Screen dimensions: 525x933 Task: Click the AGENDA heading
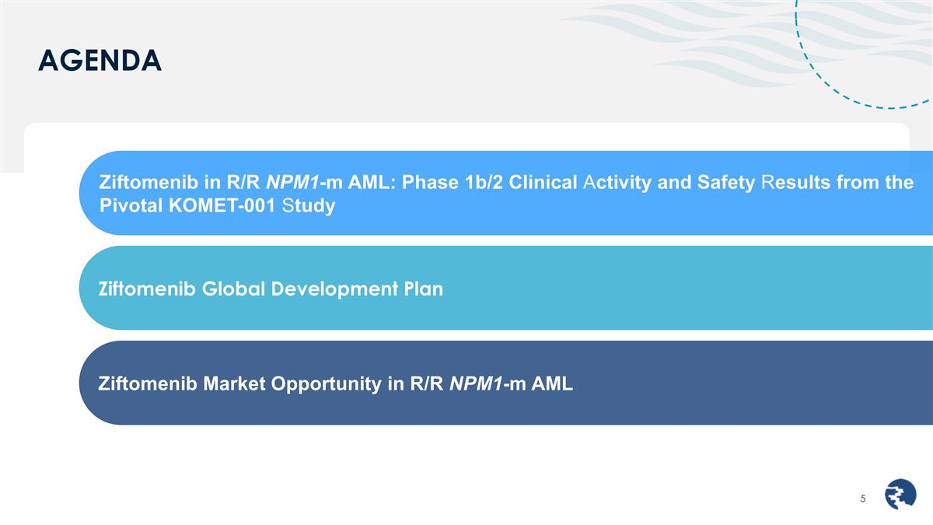click(x=100, y=60)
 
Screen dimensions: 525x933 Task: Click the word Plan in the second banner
click(x=424, y=289)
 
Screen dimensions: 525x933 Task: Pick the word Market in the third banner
click(x=232, y=383)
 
